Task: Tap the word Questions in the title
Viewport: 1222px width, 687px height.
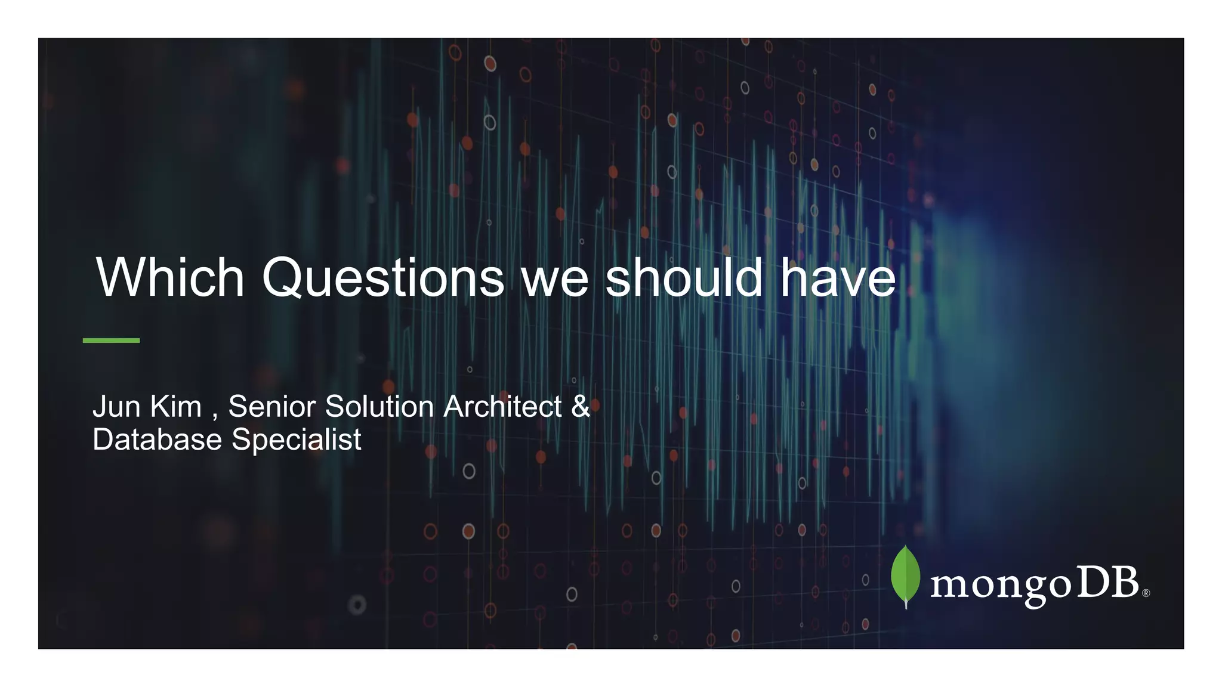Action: (383, 278)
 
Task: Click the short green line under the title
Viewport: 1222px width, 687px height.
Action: (111, 341)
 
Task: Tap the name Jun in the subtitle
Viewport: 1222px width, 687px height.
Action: (116, 407)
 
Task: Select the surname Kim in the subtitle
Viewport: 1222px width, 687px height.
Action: (176, 407)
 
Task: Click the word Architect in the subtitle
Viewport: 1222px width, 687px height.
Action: (502, 407)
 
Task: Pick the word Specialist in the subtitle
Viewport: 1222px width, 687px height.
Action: (296, 441)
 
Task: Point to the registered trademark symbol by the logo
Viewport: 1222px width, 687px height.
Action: (1146, 593)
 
